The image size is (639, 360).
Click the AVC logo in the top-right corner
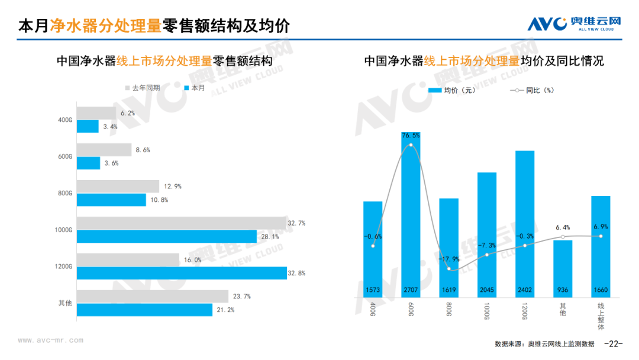click(x=573, y=24)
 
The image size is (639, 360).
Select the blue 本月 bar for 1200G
click(x=181, y=273)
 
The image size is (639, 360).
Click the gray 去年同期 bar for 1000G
click(x=181, y=223)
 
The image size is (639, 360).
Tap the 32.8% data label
click(x=297, y=274)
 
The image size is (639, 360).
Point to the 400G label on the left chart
click(x=65, y=120)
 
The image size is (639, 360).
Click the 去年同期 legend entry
click(x=142, y=88)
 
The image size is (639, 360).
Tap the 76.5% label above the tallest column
click(x=411, y=136)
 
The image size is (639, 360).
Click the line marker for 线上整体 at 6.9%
click(x=601, y=236)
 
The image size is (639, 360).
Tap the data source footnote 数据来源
click(x=544, y=344)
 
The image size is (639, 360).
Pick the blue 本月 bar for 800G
click(x=111, y=200)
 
